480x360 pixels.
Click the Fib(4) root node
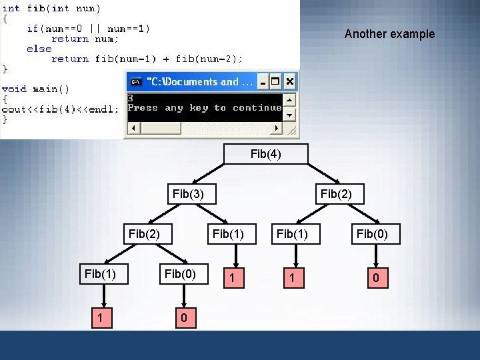click(x=266, y=154)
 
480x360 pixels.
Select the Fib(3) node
click(x=188, y=194)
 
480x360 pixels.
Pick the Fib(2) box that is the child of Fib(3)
click(x=144, y=234)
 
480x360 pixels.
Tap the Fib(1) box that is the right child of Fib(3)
click(x=228, y=234)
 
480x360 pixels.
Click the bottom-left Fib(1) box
click(x=100, y=273)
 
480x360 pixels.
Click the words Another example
click(x=389, y=34)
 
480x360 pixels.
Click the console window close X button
click(x=289, y=82)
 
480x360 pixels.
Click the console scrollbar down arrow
click(x=289, y=115)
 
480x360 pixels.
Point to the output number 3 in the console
click(x=131, y=98)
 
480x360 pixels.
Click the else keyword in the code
click(x=39, y=49)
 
